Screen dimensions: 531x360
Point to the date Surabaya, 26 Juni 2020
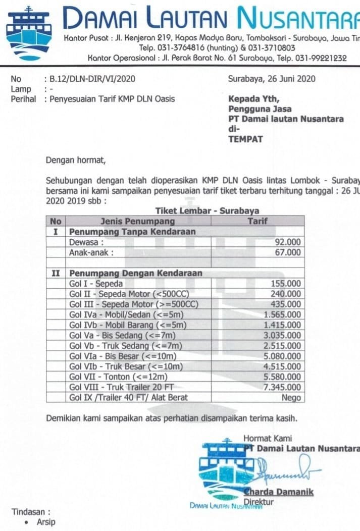tap(272, 79)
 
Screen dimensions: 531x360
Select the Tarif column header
tap(258, 221)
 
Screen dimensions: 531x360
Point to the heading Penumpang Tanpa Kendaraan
tap(132, 232)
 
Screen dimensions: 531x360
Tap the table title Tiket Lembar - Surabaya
tap(207, 211)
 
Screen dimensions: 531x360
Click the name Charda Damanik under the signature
tap(279, 492)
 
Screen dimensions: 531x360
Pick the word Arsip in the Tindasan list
tap(46, 522)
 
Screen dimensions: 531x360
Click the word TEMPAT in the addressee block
tap(245, 139)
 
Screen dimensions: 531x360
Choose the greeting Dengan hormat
tap(76, 161)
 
